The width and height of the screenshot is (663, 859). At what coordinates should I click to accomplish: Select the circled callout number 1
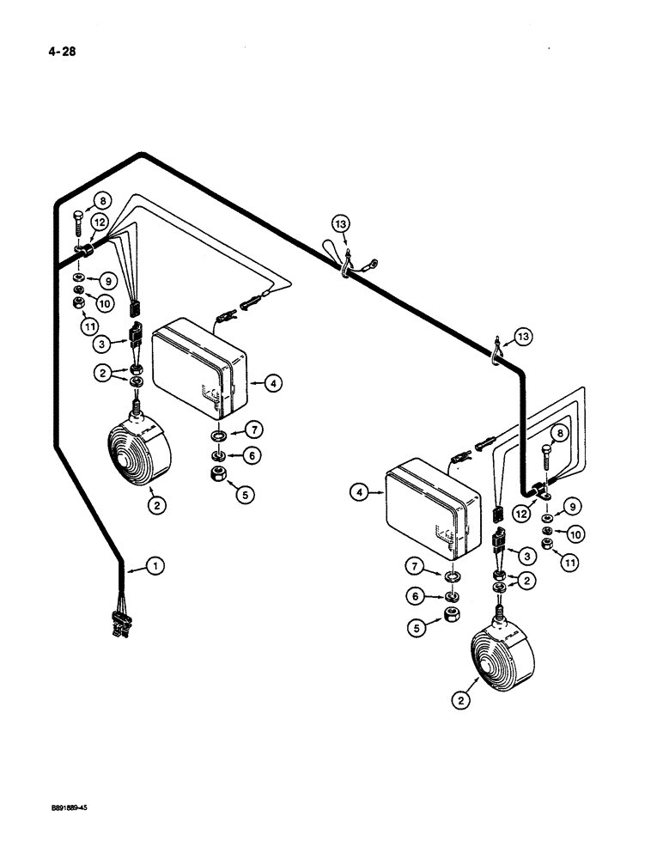click(155, 566)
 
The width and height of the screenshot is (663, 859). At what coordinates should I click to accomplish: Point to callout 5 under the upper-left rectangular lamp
click(246, 496)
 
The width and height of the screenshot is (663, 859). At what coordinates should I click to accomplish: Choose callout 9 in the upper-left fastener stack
click(107, 280)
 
